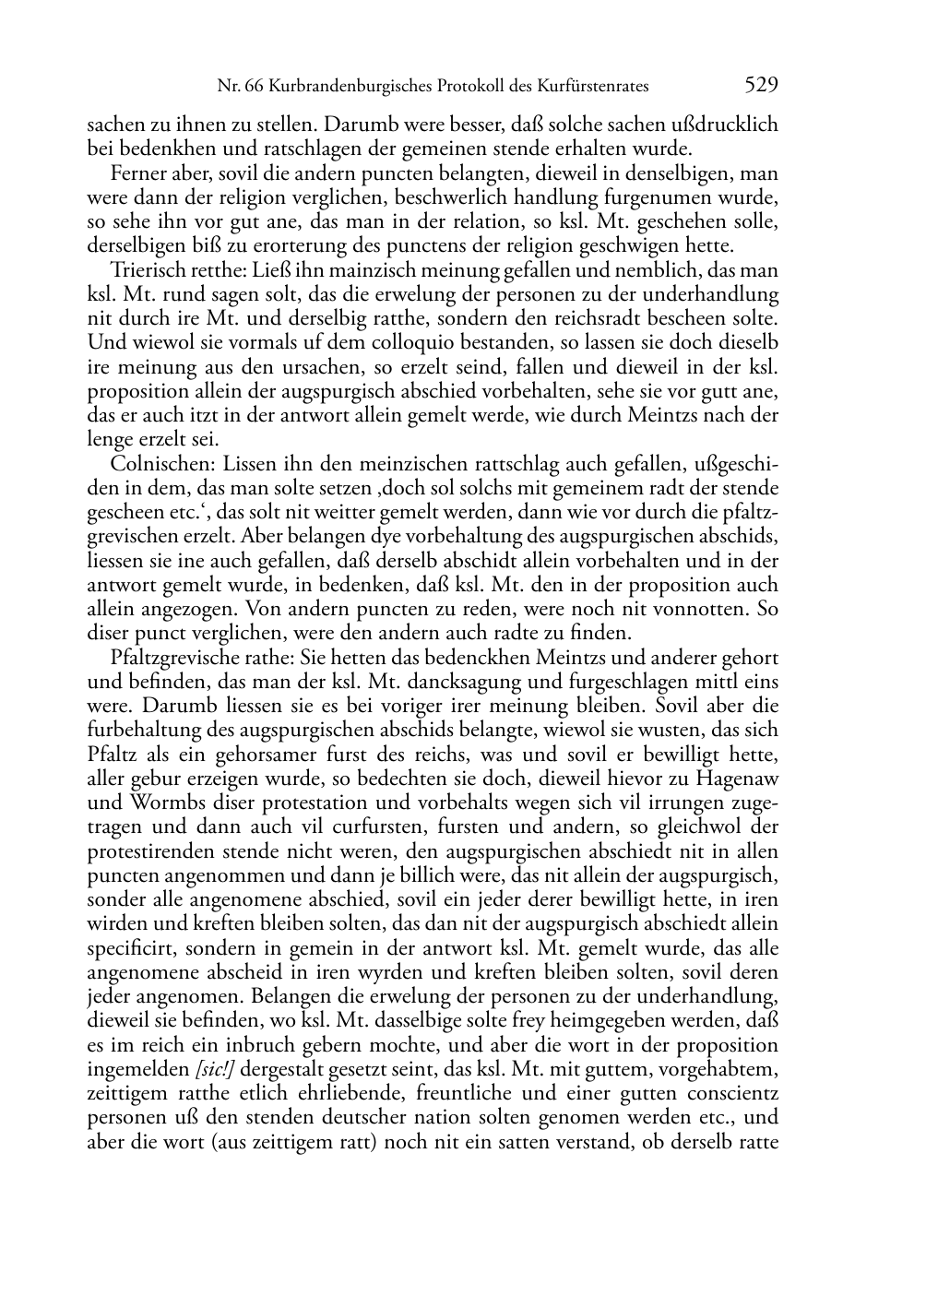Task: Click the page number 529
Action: pos(762,86)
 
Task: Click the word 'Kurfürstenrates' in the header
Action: pos(595,87)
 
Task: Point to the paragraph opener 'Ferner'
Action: pos(137,173)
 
